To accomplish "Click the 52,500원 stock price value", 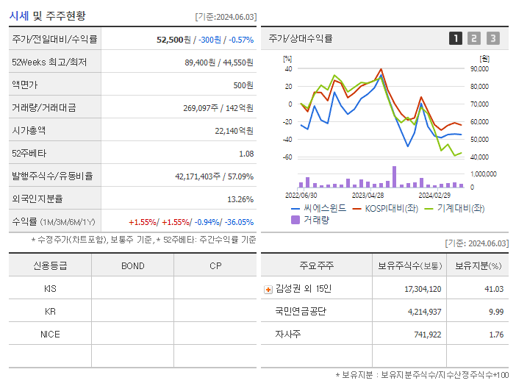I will pyautogui.click(x=174, y=40).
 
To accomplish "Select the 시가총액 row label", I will pyautogui.click(x=29, y=131).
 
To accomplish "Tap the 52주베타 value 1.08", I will pyautogui.click(x=246, y=154).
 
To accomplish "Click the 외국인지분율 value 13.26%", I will pyautogui.click(x=240, y=199).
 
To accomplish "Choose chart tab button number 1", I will pyautogui.click(x=456, y=38).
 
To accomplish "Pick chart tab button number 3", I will pyautogui.click(x=492, y=38).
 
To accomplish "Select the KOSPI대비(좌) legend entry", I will pyautogui.click(x=390, y=208).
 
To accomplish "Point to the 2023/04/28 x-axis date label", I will pyautogui.click(x=368, y=196).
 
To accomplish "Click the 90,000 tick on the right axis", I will pyautogui.click(x=479, y=69).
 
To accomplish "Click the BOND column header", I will pyautogui.click(x=132, y=266).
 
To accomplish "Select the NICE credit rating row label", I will pyautogui.click(x=50, y=334).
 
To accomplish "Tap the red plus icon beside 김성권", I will pyautogui.click(x=268, y=289).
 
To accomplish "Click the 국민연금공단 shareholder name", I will pyautogui.click(x=301, y=312).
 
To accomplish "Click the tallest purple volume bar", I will pyautogui.click(x=394, y=176).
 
